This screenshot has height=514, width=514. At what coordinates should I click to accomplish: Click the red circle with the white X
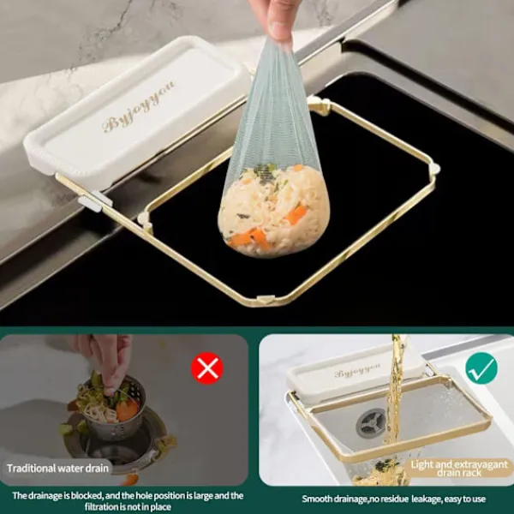207,368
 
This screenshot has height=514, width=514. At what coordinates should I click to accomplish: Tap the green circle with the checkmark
481,368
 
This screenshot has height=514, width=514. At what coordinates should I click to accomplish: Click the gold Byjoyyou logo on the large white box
139,107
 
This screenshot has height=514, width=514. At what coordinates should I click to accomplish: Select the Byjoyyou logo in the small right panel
357,370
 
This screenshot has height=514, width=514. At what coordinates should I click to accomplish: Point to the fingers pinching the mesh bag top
275,21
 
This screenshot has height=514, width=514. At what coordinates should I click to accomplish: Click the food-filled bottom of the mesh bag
273,210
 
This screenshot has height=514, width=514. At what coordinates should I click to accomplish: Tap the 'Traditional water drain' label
57,468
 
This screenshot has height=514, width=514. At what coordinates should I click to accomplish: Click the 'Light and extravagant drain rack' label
459,468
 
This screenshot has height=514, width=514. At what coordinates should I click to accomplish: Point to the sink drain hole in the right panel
371,423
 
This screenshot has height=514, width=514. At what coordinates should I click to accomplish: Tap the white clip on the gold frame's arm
95,200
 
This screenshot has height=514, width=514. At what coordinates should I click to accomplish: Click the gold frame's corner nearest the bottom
266,300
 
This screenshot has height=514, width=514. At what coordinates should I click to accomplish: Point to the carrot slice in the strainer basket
127,409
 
